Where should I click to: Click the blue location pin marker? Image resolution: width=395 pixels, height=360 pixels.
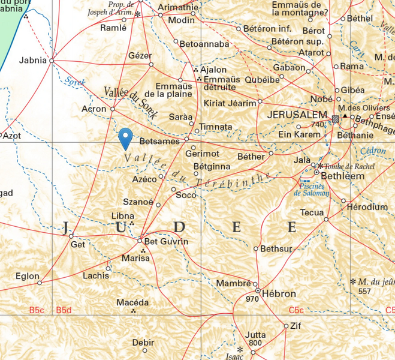coord(125,138)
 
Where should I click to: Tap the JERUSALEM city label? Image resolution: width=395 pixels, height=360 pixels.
coord(297,115)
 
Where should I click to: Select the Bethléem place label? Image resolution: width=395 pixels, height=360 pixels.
coord(342,176)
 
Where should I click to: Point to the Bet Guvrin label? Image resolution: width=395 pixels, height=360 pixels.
coord(168,241)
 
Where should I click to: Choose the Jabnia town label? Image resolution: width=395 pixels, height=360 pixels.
coord(33,61)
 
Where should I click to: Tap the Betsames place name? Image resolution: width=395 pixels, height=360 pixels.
coord(159,142)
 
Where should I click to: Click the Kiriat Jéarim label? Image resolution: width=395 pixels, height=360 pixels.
coord(230,103)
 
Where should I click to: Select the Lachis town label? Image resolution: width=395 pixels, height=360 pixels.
coord(97,276)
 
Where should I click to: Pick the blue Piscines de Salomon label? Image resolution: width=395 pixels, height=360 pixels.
coord(311,189)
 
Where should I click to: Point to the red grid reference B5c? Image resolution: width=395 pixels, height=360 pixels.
coord(37,310)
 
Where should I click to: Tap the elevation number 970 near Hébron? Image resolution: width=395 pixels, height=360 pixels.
coord(252,299)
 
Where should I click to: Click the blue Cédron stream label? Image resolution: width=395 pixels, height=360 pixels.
coord(373,151)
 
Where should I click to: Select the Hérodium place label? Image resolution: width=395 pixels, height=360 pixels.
coord(367,207)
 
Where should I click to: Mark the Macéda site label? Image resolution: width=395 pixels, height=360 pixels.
coord(132,302)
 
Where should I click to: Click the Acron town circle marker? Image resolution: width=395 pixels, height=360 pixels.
coord(113,109)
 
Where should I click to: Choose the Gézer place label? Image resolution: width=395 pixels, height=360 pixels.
coord(140,56)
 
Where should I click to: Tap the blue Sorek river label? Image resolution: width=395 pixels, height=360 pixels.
coord(76,82)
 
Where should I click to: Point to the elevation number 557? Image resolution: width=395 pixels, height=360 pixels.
coord(364,291)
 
